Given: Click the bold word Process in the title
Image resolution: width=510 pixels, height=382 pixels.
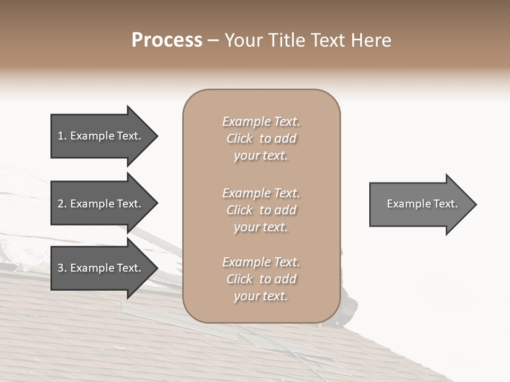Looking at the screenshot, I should point(167,40).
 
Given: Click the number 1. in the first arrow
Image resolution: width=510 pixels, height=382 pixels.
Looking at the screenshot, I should point(62,136).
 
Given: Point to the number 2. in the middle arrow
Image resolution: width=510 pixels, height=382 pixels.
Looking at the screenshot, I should point(62,204).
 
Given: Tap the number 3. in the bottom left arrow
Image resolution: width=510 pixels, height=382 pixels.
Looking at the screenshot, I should point(62,268).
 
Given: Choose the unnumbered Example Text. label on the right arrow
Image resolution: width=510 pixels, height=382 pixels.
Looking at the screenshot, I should point(422,204).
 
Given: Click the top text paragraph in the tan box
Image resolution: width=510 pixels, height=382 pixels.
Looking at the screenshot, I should point(261,138).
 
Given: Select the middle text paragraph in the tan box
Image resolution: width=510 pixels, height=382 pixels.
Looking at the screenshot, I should point(261,210).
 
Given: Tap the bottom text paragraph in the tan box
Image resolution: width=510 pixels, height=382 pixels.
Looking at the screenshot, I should point(261,279).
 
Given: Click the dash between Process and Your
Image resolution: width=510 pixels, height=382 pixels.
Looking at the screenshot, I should point(213,40).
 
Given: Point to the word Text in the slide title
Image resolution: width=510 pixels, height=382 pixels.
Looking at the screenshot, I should point(329,40).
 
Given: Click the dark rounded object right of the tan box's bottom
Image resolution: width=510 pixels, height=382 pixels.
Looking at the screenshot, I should point(348,310).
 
